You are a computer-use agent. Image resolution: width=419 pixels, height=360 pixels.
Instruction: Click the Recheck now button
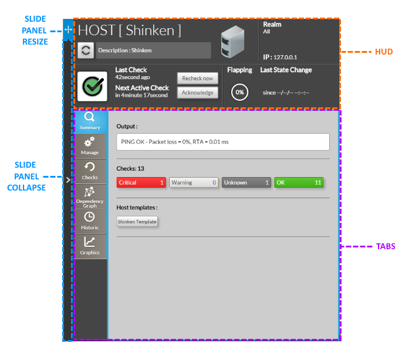click(x=197, y=78)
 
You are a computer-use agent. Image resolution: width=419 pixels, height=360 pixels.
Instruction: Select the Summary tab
click(x=90, y=121)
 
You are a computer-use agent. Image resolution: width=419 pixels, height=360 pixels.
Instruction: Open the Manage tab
click(x=90, y=146)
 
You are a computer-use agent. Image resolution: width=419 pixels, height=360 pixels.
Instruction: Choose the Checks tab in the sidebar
click(x=90, y=171)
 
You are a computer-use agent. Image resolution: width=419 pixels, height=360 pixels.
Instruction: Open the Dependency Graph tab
click(x=90, y=196)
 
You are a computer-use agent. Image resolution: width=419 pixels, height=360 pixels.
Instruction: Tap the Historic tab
click(x=90, y=221)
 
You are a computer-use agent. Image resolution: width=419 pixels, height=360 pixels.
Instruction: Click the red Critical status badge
click(x=141, y=182)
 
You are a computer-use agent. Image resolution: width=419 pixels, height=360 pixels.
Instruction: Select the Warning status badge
click(x=194, y=182)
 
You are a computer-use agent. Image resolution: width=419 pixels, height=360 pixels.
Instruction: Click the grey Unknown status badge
click(x=246, y=182)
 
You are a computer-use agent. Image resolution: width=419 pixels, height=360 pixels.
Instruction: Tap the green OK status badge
click(x=299, y=182)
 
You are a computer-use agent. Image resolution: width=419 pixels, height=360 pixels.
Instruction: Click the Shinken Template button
click(x=137, y=222)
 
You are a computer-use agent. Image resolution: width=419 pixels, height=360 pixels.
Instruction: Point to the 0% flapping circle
click(x=239, y=93)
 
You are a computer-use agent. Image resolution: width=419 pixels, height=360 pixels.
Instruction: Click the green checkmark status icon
click(x=92, y=86)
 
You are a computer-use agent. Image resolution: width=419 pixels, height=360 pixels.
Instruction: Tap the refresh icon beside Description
click(x=86, y=50)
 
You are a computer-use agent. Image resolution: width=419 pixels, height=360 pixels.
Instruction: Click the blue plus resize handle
click(x=68, y=29)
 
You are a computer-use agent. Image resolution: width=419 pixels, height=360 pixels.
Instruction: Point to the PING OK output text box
click(x=223, y=142)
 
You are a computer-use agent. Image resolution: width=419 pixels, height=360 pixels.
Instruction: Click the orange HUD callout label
click(x=384, y=52)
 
